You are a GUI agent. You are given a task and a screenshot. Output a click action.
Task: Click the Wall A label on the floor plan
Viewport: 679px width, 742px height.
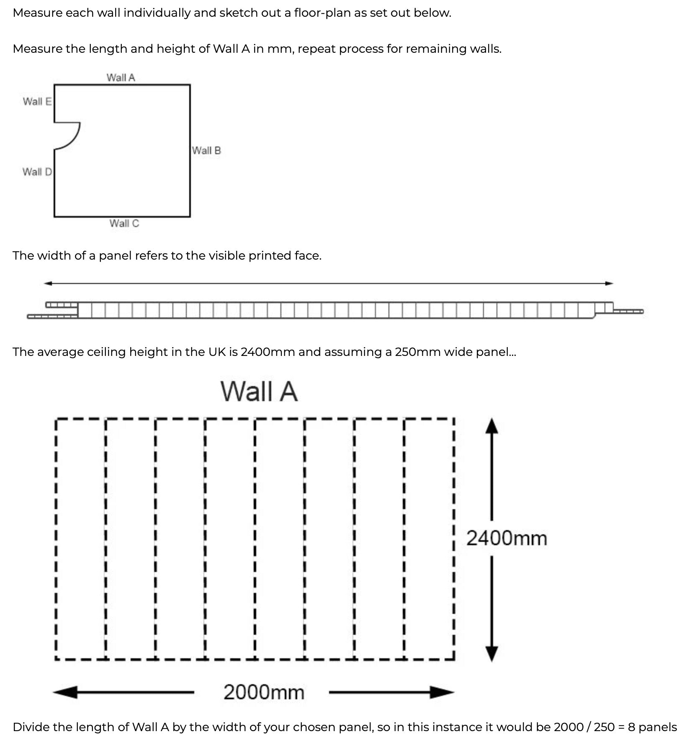click(121, 77)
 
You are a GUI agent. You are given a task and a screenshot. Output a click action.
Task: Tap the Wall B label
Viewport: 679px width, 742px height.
click(206, 150)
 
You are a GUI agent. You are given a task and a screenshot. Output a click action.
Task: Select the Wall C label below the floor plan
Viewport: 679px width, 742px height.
click(124, 223)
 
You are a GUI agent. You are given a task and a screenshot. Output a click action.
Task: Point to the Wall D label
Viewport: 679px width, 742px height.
click(37, 172)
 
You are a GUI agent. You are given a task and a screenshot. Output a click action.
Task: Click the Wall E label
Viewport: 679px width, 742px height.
click(37, 101)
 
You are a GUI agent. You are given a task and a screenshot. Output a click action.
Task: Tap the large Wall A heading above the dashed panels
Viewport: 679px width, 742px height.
click(259, 392)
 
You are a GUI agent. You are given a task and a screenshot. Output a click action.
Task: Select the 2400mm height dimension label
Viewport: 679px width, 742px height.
click(507, 538)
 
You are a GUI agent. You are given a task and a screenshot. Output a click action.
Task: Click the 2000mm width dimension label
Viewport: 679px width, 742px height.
click(264, 692)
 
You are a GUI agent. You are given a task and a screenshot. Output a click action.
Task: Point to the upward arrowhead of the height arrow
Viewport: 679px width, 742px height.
click(491, 425)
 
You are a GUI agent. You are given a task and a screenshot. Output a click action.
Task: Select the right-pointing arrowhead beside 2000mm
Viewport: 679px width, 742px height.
click(442, 692)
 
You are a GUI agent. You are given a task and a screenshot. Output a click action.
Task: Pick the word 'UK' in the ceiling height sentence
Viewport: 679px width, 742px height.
click(217, 352)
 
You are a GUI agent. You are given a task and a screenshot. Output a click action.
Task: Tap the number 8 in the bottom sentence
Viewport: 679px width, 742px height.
click(631, 727)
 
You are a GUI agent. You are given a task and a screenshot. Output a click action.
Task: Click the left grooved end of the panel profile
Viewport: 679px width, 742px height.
click(53, 310)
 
